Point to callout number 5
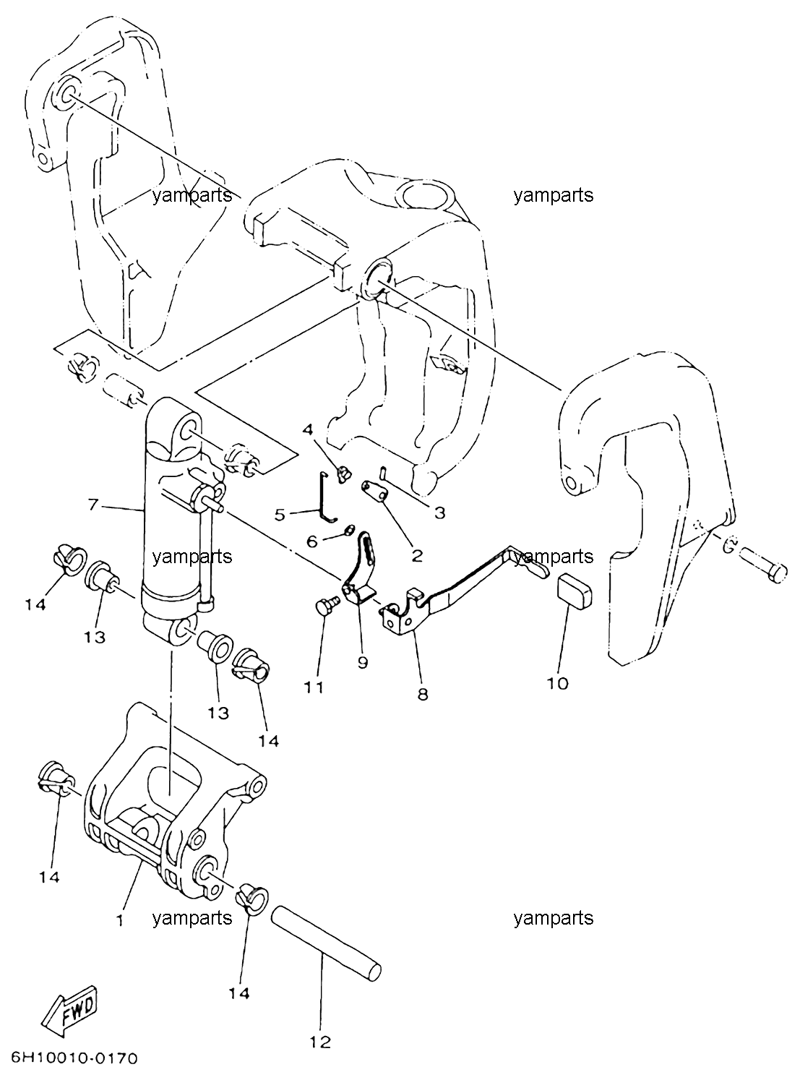[280, 515]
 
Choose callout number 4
[308, 429]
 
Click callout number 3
[439, 513]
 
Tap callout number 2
[417, 555]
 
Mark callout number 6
[311, 541]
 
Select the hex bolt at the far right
[764, 565]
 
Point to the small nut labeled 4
[344, 473]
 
